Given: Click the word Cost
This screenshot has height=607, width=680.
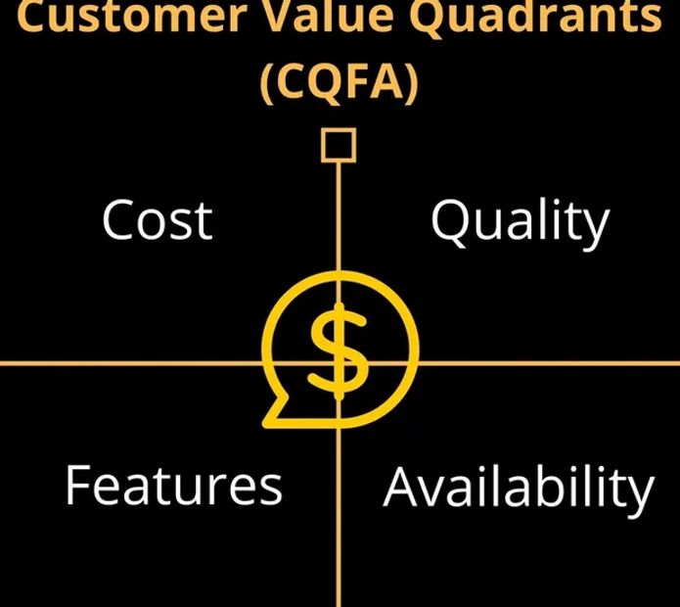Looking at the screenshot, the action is (158, 220).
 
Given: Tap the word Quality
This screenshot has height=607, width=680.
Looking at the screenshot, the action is (521, 224).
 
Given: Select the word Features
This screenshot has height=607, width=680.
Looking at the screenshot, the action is (174, 485).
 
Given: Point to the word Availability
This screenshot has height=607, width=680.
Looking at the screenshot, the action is (519, 490).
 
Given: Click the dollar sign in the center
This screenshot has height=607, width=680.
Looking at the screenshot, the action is (339, 351).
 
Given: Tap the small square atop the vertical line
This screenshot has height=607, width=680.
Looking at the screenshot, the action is (339, 145).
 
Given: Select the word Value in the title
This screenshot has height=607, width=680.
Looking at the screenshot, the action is (332, 16).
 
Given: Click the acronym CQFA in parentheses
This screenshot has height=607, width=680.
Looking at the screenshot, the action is (339, 82).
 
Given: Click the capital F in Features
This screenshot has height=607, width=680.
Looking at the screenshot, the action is (79, 484).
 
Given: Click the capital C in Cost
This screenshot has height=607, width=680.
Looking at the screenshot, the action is (117, 220).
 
